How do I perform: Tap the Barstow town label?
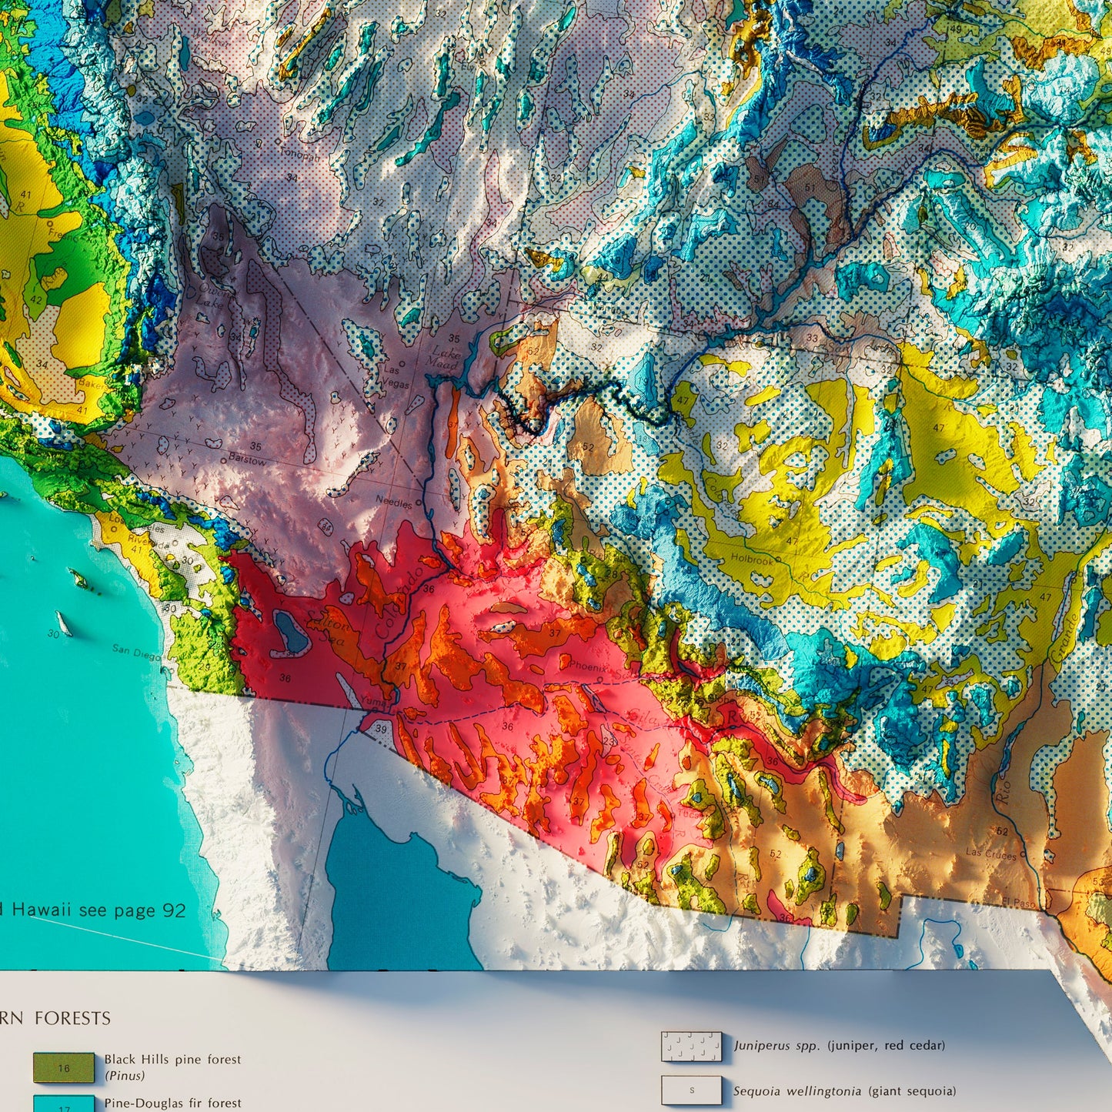[x=247, y=460]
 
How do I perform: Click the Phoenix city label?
[x=588, y=666]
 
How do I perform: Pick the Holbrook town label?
[x=752, y=559]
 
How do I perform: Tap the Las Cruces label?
[x=990, y=854]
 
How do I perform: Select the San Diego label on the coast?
[x=136, y=651]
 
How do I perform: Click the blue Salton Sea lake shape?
[x=291, y=631]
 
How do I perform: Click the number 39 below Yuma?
[x=381, y=729]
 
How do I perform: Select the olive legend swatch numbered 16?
[x=64, y=1067]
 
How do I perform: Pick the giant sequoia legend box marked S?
[x=691, y=1090]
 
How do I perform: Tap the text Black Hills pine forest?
[x=172, y=1060]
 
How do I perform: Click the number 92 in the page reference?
[x=173, y=910]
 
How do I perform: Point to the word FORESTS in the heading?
[x=73, y=1018]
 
